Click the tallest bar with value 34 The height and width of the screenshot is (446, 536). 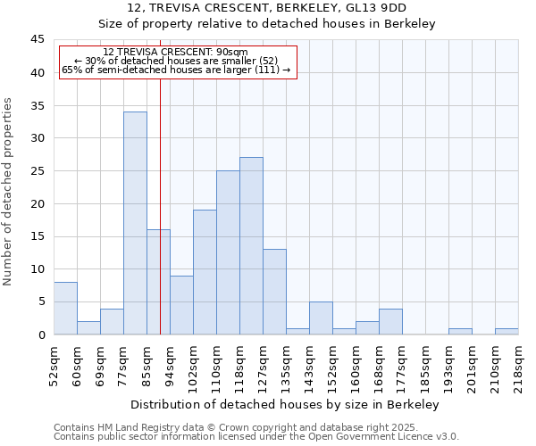click(135, 223)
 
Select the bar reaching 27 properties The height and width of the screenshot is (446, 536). click(251, 246)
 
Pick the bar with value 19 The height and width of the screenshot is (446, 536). click(205, 272)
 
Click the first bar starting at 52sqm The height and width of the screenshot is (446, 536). click(65, 309)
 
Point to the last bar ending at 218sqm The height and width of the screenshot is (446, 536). click(507, 332)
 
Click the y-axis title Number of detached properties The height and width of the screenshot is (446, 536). click(9, 192)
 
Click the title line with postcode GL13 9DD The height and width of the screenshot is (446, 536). click(267, 8)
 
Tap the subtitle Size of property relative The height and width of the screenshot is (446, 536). click(267, 24)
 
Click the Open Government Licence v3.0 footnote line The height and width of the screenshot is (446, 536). click(256, 437)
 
